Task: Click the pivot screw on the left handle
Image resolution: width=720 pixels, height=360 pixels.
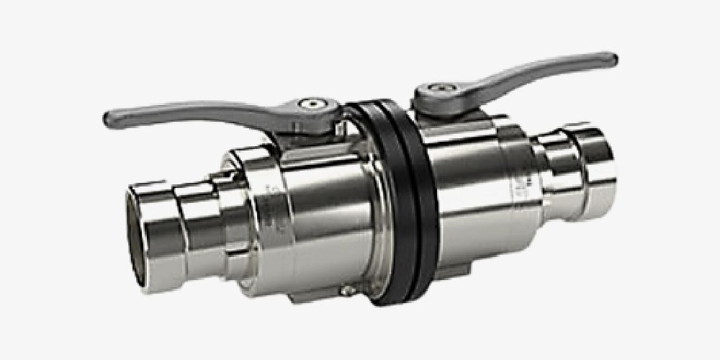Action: (x=312, y=104)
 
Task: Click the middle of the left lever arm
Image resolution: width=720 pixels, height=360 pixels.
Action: (x=202, y=114)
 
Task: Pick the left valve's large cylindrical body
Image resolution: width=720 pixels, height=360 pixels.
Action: (x=324, y=216)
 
